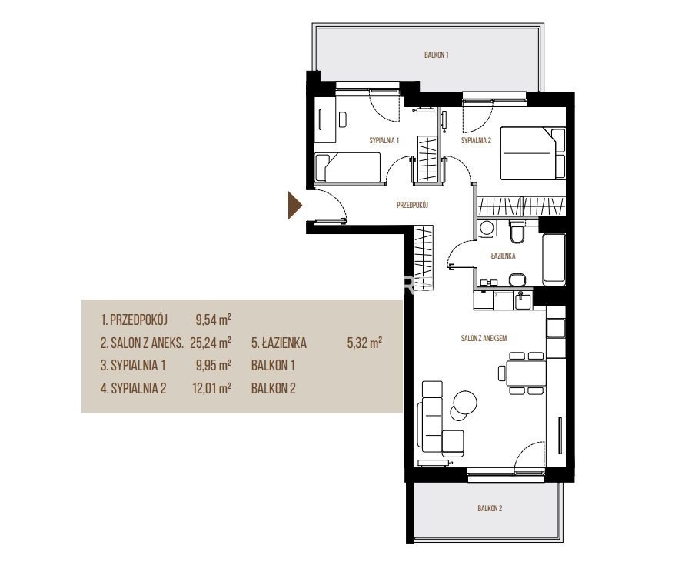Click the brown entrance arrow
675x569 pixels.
pos(295,206)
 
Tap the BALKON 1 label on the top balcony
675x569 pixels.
pos(437,55)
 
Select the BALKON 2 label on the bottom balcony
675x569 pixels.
pos(490,508)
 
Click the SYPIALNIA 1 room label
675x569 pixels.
pos(384,140)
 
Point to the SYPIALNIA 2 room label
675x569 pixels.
pos(476,140)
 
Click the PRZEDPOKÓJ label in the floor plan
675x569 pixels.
pos(412,205)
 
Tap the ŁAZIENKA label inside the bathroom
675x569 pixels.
pos(504,256)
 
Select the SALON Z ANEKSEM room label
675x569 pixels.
pos(484,338)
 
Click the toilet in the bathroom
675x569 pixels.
pos(517,232)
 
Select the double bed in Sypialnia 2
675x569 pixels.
pos(533,153)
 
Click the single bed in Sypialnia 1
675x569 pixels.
pos(347,167)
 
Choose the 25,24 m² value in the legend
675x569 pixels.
pos(211,343)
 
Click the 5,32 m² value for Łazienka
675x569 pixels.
pos(364,343)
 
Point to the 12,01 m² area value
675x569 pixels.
pos(211,388)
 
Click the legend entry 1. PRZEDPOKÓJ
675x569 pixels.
pos(134,320)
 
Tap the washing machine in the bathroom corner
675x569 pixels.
pos(487,228)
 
